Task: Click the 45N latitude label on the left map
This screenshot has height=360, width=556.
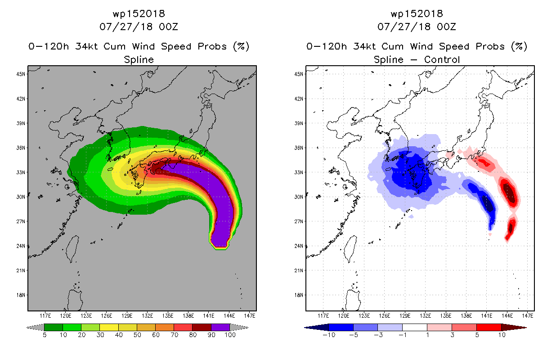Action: (x=21, y=74)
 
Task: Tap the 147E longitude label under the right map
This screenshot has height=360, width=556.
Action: (x=528, y=316)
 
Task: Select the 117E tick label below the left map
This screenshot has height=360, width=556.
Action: (x=45, y=316)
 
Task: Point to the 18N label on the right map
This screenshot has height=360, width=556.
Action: (x=299, y=295)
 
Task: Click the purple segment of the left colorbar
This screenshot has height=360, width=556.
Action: (x=220, y=327)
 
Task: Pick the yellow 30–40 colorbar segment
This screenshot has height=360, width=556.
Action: (x=109, y=327)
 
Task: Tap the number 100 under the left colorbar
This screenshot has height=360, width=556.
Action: (x=230, y=335)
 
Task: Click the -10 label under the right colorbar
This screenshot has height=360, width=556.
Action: (x=329, y=335)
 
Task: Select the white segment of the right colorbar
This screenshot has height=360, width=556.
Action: (x=415, y=327)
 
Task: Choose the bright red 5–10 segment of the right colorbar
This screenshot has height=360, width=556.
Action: (x=489, y=327)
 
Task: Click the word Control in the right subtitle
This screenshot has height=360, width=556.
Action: (x=442, y=59)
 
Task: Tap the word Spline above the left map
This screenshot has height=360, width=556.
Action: (x=139, y=60)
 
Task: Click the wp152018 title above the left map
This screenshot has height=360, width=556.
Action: (x=139, y=13)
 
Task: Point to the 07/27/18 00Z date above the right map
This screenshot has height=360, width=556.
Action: (x=417, y=27)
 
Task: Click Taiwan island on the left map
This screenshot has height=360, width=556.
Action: (x=72, y=248)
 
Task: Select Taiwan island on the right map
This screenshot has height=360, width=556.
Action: (x=350, y=248)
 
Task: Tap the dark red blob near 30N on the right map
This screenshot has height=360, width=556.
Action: (x=509, y=193)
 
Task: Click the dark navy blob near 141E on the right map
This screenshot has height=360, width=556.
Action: (x=487, y=203)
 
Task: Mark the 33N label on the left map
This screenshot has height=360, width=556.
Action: (x=21, y=172)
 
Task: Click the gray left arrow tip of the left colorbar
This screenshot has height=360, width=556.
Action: (x=27, y=328)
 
